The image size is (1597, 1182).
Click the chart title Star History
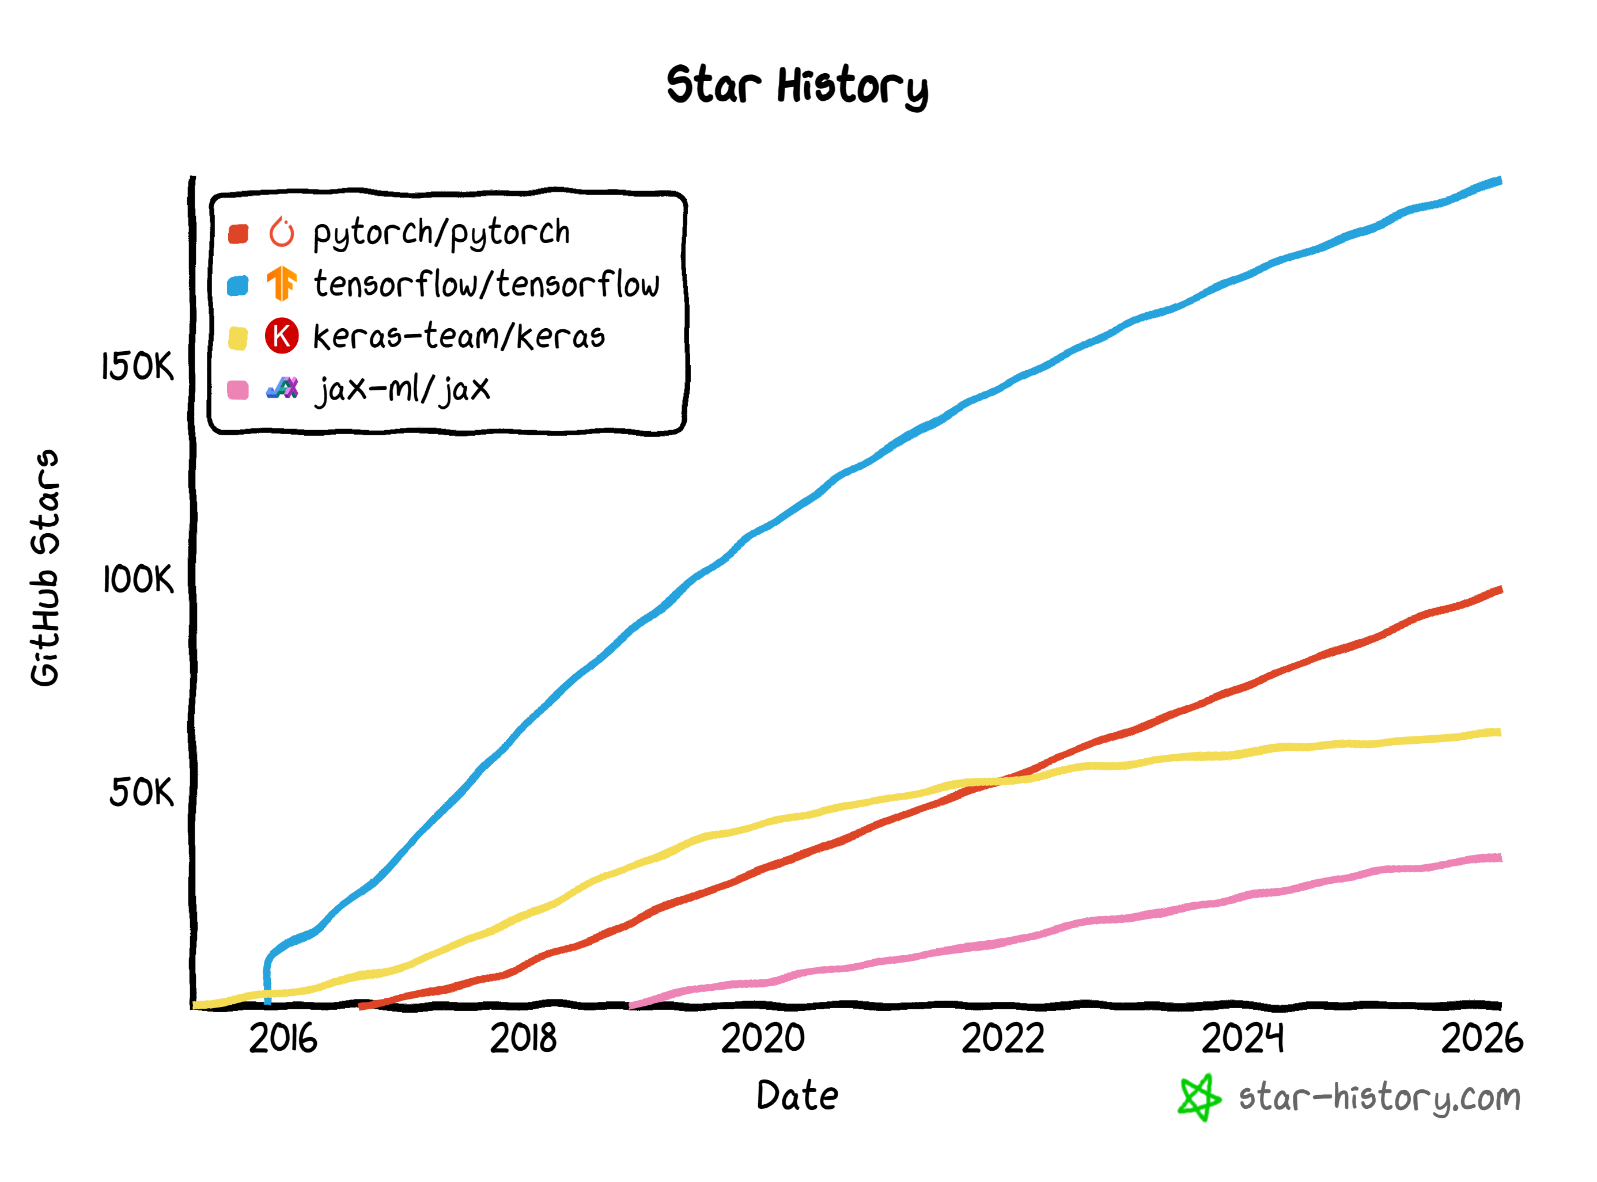(x=797, y=86)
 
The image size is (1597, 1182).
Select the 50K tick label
(x=141, y=792)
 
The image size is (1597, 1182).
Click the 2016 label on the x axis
(x=283, y=1038)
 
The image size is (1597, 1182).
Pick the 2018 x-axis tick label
(x=523, y=1038)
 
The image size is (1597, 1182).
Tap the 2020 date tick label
(x=762, y=1038)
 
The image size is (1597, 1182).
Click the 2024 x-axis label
(x=1243, y=1038)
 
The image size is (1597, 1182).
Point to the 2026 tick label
(x=1482, y=1038)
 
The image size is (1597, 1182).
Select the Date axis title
(x=797, y=1096)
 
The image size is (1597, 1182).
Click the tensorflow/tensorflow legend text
(x=487, y=284)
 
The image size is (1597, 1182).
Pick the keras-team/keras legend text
(x=459, y=336)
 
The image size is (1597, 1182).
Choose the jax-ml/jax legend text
(x=403, y=389)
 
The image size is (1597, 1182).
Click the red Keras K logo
(x=281, y=336)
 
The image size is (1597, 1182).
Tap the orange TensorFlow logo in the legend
(x=281, y=283)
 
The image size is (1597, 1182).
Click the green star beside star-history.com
(x=1199, y=1097)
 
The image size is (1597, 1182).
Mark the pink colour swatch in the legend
(x=238, y=390)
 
